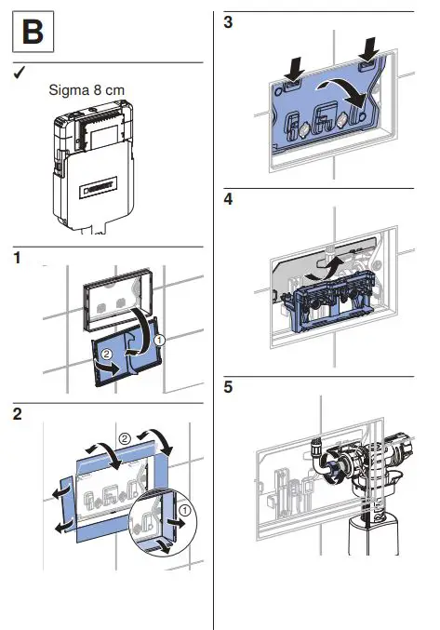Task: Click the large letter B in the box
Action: [33, 32]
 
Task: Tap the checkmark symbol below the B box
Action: [19, 73]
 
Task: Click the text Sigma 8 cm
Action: [87, 89]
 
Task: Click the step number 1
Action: [17, 258]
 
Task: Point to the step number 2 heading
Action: [18, 414]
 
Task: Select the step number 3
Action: [228, 22]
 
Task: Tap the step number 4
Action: [228, 199]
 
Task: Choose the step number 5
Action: [228, 387]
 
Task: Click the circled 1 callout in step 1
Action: [159, 341]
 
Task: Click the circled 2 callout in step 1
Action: [106, 354]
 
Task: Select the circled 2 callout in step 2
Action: [125, 438]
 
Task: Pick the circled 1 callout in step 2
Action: [185, 510]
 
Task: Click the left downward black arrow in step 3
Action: [295, 68]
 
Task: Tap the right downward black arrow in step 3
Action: [369, 49]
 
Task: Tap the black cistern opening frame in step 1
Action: [117, 299]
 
